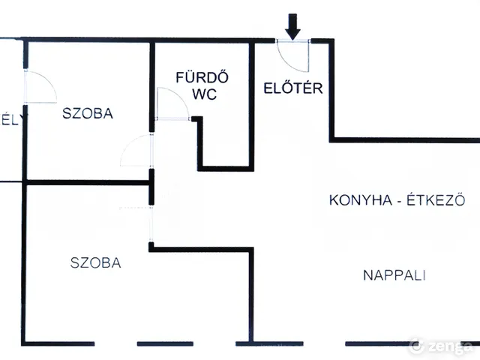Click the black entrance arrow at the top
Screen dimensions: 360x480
(x=292, y=28)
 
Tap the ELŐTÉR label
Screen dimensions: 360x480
(x=293, y=88)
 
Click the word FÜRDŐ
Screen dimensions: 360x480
(x=202, y=76)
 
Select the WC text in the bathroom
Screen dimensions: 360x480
(x=202, y=95)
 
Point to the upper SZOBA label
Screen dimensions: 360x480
(x=88, y=114)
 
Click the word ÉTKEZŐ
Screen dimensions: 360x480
(x=436, y=200)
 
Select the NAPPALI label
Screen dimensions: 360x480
(x=394, y=275)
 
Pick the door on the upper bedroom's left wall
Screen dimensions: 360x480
(x=40, y=87)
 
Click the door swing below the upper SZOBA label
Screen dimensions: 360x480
(x=136, y=151)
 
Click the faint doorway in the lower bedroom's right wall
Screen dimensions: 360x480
(x=151, y=222)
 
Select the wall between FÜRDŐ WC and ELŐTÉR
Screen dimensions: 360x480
(x=251, y=105)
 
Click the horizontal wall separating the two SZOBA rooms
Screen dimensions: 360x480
(x=86, y=182)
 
